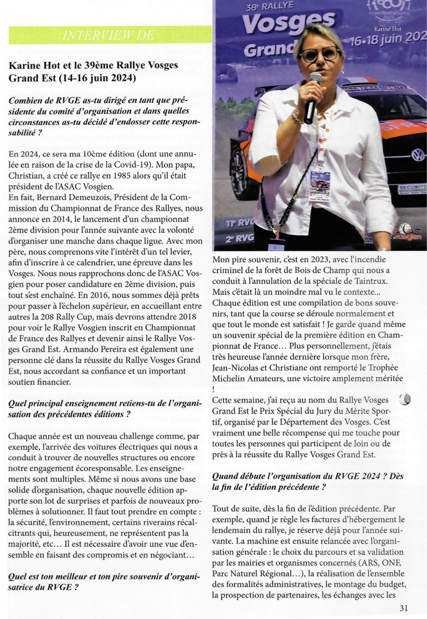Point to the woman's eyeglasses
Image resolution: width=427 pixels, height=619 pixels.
(320, 53)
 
